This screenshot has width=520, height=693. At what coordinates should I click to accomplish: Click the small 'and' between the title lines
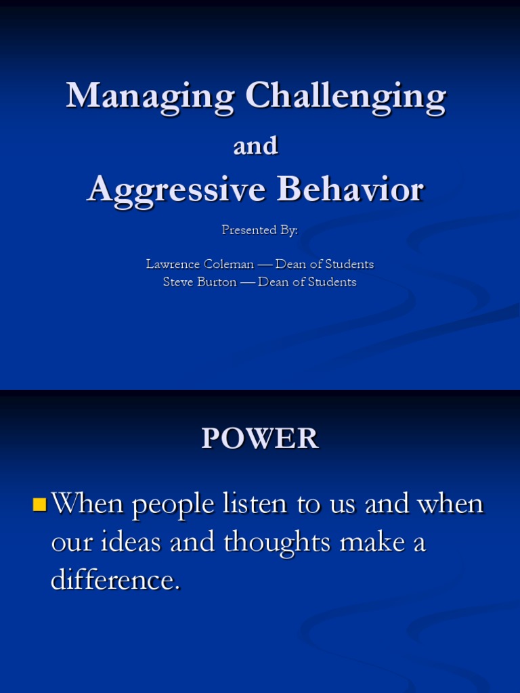click(256, 146)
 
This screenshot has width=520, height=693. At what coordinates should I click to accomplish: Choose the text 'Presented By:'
click(259, 230)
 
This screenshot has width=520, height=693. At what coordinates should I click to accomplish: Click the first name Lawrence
click(173, 264)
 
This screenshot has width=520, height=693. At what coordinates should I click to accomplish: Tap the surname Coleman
click(229, 264)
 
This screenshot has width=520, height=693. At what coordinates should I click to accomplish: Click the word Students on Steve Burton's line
click(332, 282)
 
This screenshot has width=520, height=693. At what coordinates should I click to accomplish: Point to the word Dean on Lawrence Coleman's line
click(291, 264)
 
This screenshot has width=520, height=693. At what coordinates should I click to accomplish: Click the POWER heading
click(260, 439)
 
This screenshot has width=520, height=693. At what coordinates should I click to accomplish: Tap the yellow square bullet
click(39, 504)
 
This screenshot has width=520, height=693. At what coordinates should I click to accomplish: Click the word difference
click(115, 580)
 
